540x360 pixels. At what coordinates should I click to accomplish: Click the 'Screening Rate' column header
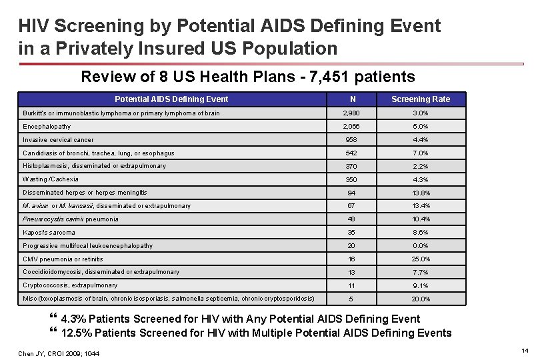coord(420,99)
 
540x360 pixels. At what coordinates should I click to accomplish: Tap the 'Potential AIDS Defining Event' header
coord(171,99)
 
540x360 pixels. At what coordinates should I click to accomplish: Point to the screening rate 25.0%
coord(420,259)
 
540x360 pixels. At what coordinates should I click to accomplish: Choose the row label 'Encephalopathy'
coord(47,127)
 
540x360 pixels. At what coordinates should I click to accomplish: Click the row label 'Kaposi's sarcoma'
coord(49,233)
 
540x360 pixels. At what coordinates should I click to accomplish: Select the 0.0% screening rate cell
coord(420,246)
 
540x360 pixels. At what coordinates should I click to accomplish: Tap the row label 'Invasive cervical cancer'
coord(58,140)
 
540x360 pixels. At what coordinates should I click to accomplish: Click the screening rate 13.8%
coord(420,193)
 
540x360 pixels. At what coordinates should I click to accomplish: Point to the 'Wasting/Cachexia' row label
coord(51,179)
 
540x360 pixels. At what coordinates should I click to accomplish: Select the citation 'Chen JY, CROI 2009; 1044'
coord(59,353)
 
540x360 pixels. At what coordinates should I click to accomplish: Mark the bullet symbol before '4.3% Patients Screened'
coord(54,319)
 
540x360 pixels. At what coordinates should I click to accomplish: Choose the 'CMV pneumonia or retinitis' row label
coord(63,259)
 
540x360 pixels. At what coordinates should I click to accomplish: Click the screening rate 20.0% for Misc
coord(420,299)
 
